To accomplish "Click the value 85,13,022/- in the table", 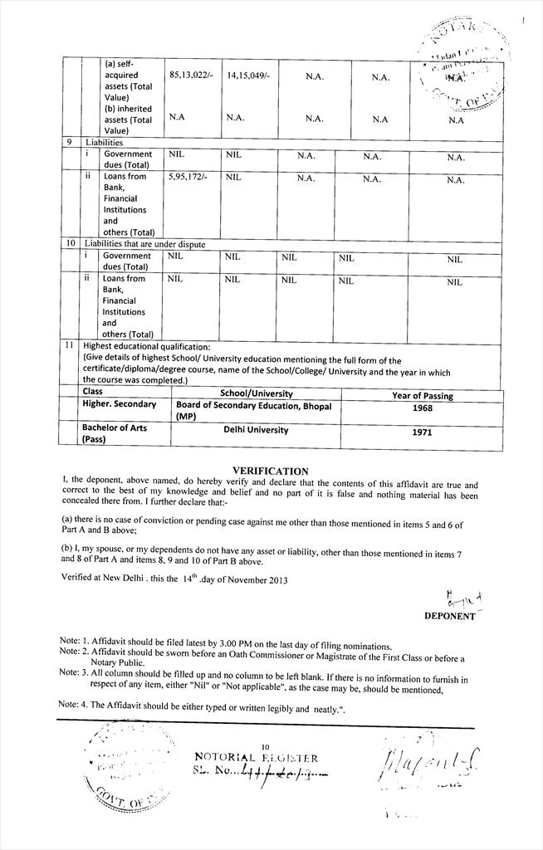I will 191,76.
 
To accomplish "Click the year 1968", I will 423,409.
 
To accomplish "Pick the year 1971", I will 423,432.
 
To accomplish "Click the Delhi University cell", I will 256,430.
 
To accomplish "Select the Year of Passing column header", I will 423,395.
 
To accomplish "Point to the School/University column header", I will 256,393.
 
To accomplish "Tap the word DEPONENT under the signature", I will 449,617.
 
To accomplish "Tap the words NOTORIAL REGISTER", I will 255,758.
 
